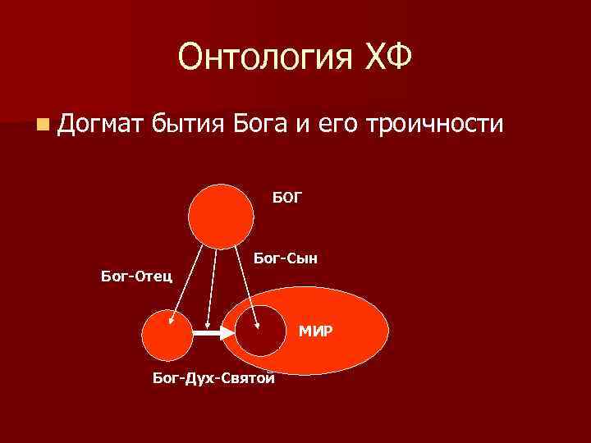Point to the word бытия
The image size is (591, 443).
189,126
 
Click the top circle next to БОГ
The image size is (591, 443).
221,215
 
